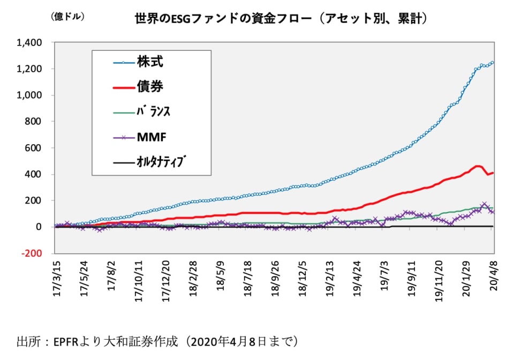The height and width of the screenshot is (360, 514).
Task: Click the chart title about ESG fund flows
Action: [x=281, y=19]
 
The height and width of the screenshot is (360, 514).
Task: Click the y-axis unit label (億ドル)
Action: [x=67, y=17]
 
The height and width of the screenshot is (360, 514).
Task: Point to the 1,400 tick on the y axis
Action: [x=34, y=42]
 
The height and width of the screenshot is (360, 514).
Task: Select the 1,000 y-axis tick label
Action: [x=34, y=95]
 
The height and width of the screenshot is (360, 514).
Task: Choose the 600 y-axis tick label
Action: [x=38, y=148]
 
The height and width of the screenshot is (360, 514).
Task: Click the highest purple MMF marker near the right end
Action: [x=484, y=205]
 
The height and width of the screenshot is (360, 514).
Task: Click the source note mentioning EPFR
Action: [x=157, y=341]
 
